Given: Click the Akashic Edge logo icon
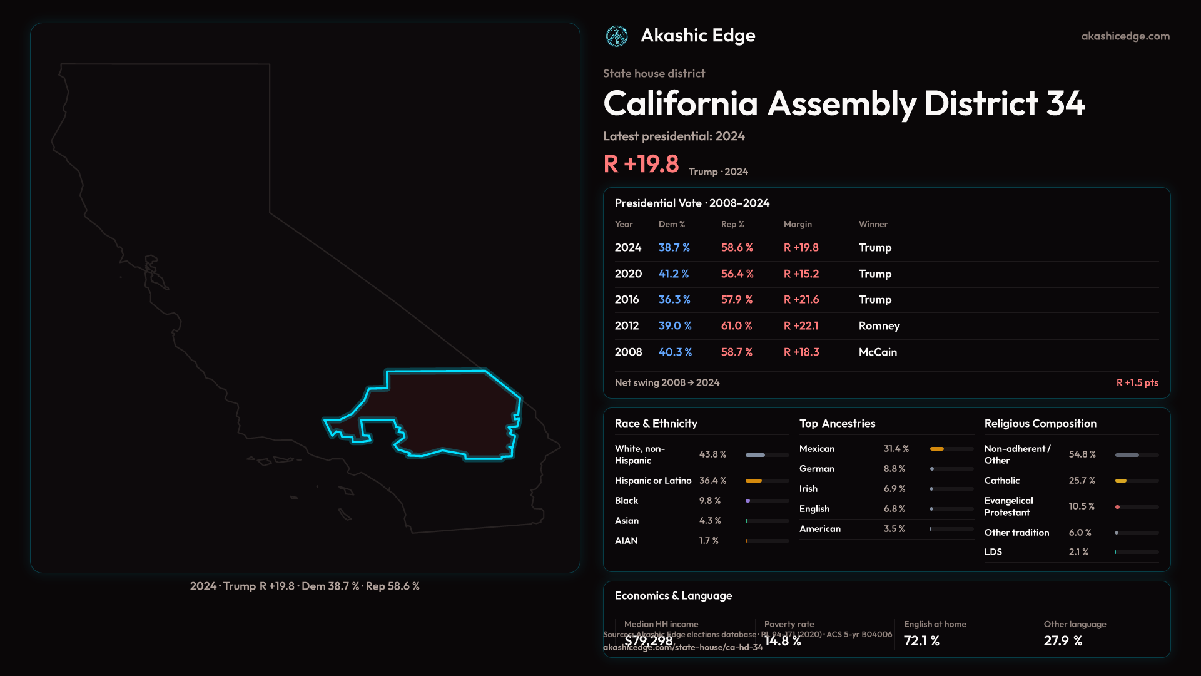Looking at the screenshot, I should point(617,36).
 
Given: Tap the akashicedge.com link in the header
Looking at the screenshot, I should point(1125,36).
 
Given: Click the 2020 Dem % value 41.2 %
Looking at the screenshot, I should point(674,274).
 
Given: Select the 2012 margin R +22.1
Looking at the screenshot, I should point(801,326).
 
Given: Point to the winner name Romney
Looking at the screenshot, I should point(879,326).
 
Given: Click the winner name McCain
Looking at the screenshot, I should point(878,352).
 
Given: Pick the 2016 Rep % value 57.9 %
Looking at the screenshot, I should point(737,300).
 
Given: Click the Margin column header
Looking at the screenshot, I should point(798,224).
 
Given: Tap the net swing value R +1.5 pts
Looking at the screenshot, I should point(1137,382).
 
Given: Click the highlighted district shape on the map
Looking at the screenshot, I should point(450,413).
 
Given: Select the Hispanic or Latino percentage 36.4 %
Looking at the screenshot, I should point(712,481).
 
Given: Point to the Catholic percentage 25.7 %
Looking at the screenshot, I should point(1082,481).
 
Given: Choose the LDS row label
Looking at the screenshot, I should point(993,552).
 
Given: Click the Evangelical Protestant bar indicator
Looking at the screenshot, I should point(1118,507).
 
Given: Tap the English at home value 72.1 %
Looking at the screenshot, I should point(921,641).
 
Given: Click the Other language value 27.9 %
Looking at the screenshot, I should point(1063,641).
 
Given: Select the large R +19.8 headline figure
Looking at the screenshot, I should point(641,164).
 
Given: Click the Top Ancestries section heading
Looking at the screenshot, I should point(837,424).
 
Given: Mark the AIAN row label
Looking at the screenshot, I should point(626,541).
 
